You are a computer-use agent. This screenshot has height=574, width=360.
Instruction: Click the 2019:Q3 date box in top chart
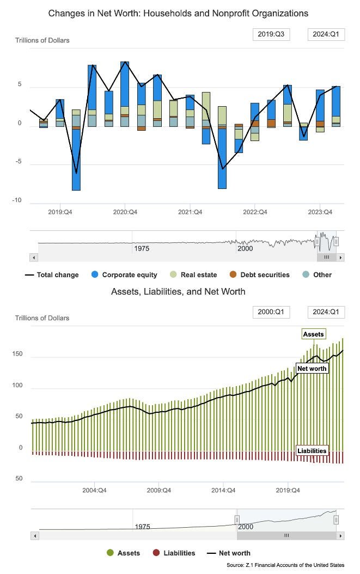[x=271, y=34]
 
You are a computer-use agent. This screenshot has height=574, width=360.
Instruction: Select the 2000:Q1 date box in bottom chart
[x=271, y=312]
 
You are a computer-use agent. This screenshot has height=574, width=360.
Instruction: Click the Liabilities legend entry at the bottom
[x=174, y=553]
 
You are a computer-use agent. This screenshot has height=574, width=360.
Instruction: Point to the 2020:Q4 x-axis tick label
[x=125, y=212]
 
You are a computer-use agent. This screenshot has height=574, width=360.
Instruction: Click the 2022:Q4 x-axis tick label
[x=255, y=212]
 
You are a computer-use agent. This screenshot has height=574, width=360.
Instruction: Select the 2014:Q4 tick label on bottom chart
[x=223, y=490]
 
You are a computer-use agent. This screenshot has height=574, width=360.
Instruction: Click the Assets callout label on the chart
[x=313, y=334]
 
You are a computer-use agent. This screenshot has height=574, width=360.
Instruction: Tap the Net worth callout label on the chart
[x=312, y=369]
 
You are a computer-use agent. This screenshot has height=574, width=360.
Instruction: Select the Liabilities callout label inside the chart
[x=312, y=450]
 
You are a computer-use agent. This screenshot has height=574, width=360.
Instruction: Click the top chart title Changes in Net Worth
[x=178, y=13]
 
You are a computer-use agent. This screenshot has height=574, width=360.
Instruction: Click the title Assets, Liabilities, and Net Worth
[x=178, y=291]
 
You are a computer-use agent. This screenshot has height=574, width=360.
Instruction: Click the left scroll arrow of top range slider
[x=34, y=257]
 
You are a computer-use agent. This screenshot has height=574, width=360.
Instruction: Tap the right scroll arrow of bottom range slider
[x=340, y=535]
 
